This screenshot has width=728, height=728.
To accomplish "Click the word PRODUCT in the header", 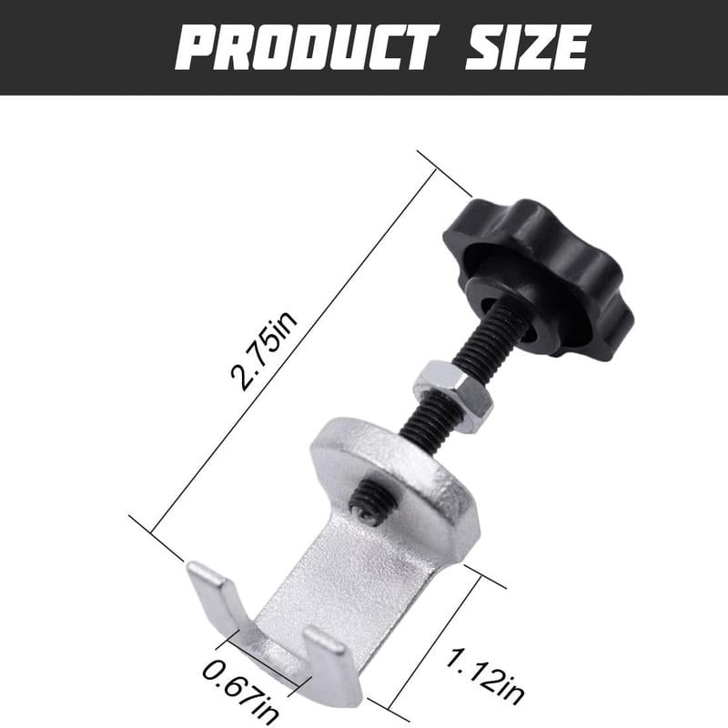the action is pos(307,47).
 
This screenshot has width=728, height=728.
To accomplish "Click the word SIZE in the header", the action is pos(528,47).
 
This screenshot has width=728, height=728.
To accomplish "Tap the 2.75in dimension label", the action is pos(264,351).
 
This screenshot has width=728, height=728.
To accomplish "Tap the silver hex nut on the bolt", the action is pos(452,396).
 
